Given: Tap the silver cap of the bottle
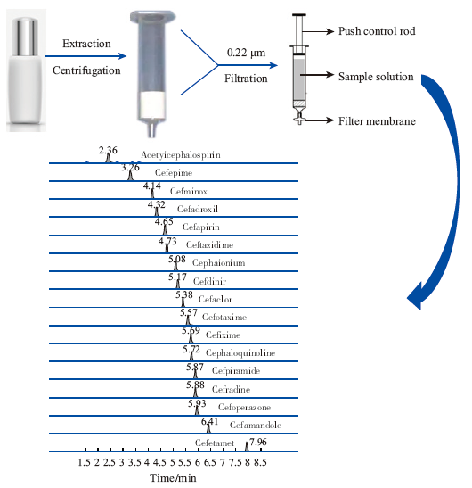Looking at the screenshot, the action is click(x=27, y=37).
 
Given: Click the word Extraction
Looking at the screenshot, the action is click(x=86, y=44).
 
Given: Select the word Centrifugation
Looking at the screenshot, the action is click(x=86, y=70).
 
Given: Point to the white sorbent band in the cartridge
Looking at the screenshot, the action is click(x=152, y=105).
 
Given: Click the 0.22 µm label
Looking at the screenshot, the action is click(x=246, y=53).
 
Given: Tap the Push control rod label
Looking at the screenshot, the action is click(x=377, y=31).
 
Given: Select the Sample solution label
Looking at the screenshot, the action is click(x=376, y=77).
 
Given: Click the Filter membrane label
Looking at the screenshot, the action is click(x=377, y=121).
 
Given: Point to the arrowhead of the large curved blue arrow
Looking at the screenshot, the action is click(x=415, y=296).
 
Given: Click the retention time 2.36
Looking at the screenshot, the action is click(x=108, y=150).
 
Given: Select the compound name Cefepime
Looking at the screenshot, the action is click(x=174, y=173).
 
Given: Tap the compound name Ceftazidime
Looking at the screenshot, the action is click(x=209, y=245).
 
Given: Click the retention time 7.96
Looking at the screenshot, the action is click(x=258, y=442).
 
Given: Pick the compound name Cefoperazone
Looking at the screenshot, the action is click(x=244, y=407).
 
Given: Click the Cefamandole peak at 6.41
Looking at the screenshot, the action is click(x=208, y=428).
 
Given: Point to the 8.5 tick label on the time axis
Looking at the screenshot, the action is click(x=260, y=463).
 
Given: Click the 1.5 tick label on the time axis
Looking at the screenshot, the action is click(x=85, y=463).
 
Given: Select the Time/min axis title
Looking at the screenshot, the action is click(x=173, y=477).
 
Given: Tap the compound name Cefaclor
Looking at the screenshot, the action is click(x=216, y=300).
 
